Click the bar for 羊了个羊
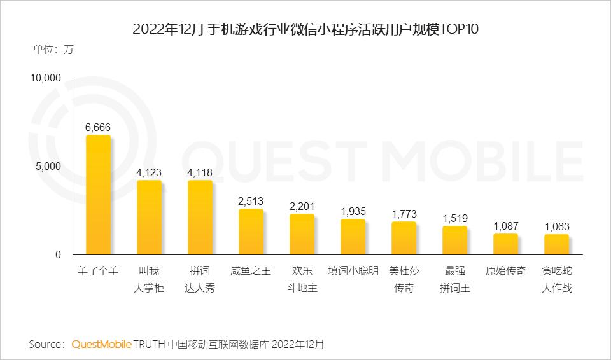[x=98, y=195]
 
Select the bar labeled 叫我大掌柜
[x=149, y=218]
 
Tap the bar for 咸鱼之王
[x=251, y=232]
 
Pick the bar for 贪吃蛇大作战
[x=556, y=245]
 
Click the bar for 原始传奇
[x=505, y=244]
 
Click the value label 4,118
[x=200, y=172]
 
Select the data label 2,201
[x=302, y=206]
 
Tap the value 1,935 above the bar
[x=353, y=211]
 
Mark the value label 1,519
[x=454, y=218]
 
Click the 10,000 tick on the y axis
[x=45, y=78]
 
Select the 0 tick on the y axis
[x=58, y=255]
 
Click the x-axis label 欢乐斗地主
[x=302, y=279]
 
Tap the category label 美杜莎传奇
[x=404, y=279]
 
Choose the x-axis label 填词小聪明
[x=353, y=271]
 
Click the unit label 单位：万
[x=53, y=50]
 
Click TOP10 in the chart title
[x=458, y=30]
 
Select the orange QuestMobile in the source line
[x=102, y=344]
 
